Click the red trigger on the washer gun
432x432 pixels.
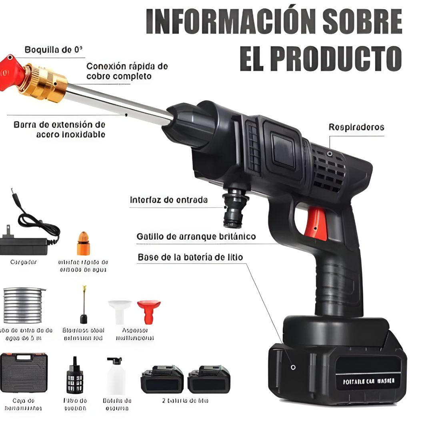click(x=315, y=225)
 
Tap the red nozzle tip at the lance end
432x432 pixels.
click(x=10, y=72)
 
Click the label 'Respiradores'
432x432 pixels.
click(x=356, y=127)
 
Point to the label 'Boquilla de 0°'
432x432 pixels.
click(x=54, y=50)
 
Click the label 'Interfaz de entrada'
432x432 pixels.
click(x=168, y=200)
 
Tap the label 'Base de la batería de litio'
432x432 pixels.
click(x=190, y=257)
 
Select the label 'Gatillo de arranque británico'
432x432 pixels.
click(x=196, y=237)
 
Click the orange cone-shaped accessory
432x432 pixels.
click(x=83, y=243)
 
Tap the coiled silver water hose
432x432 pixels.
click(x=23, y=305)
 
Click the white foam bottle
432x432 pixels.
click(x=116, y=376)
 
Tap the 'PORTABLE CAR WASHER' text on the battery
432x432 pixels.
click(x=368, y=381)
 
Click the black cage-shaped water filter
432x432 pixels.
click(x=74, y=376)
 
